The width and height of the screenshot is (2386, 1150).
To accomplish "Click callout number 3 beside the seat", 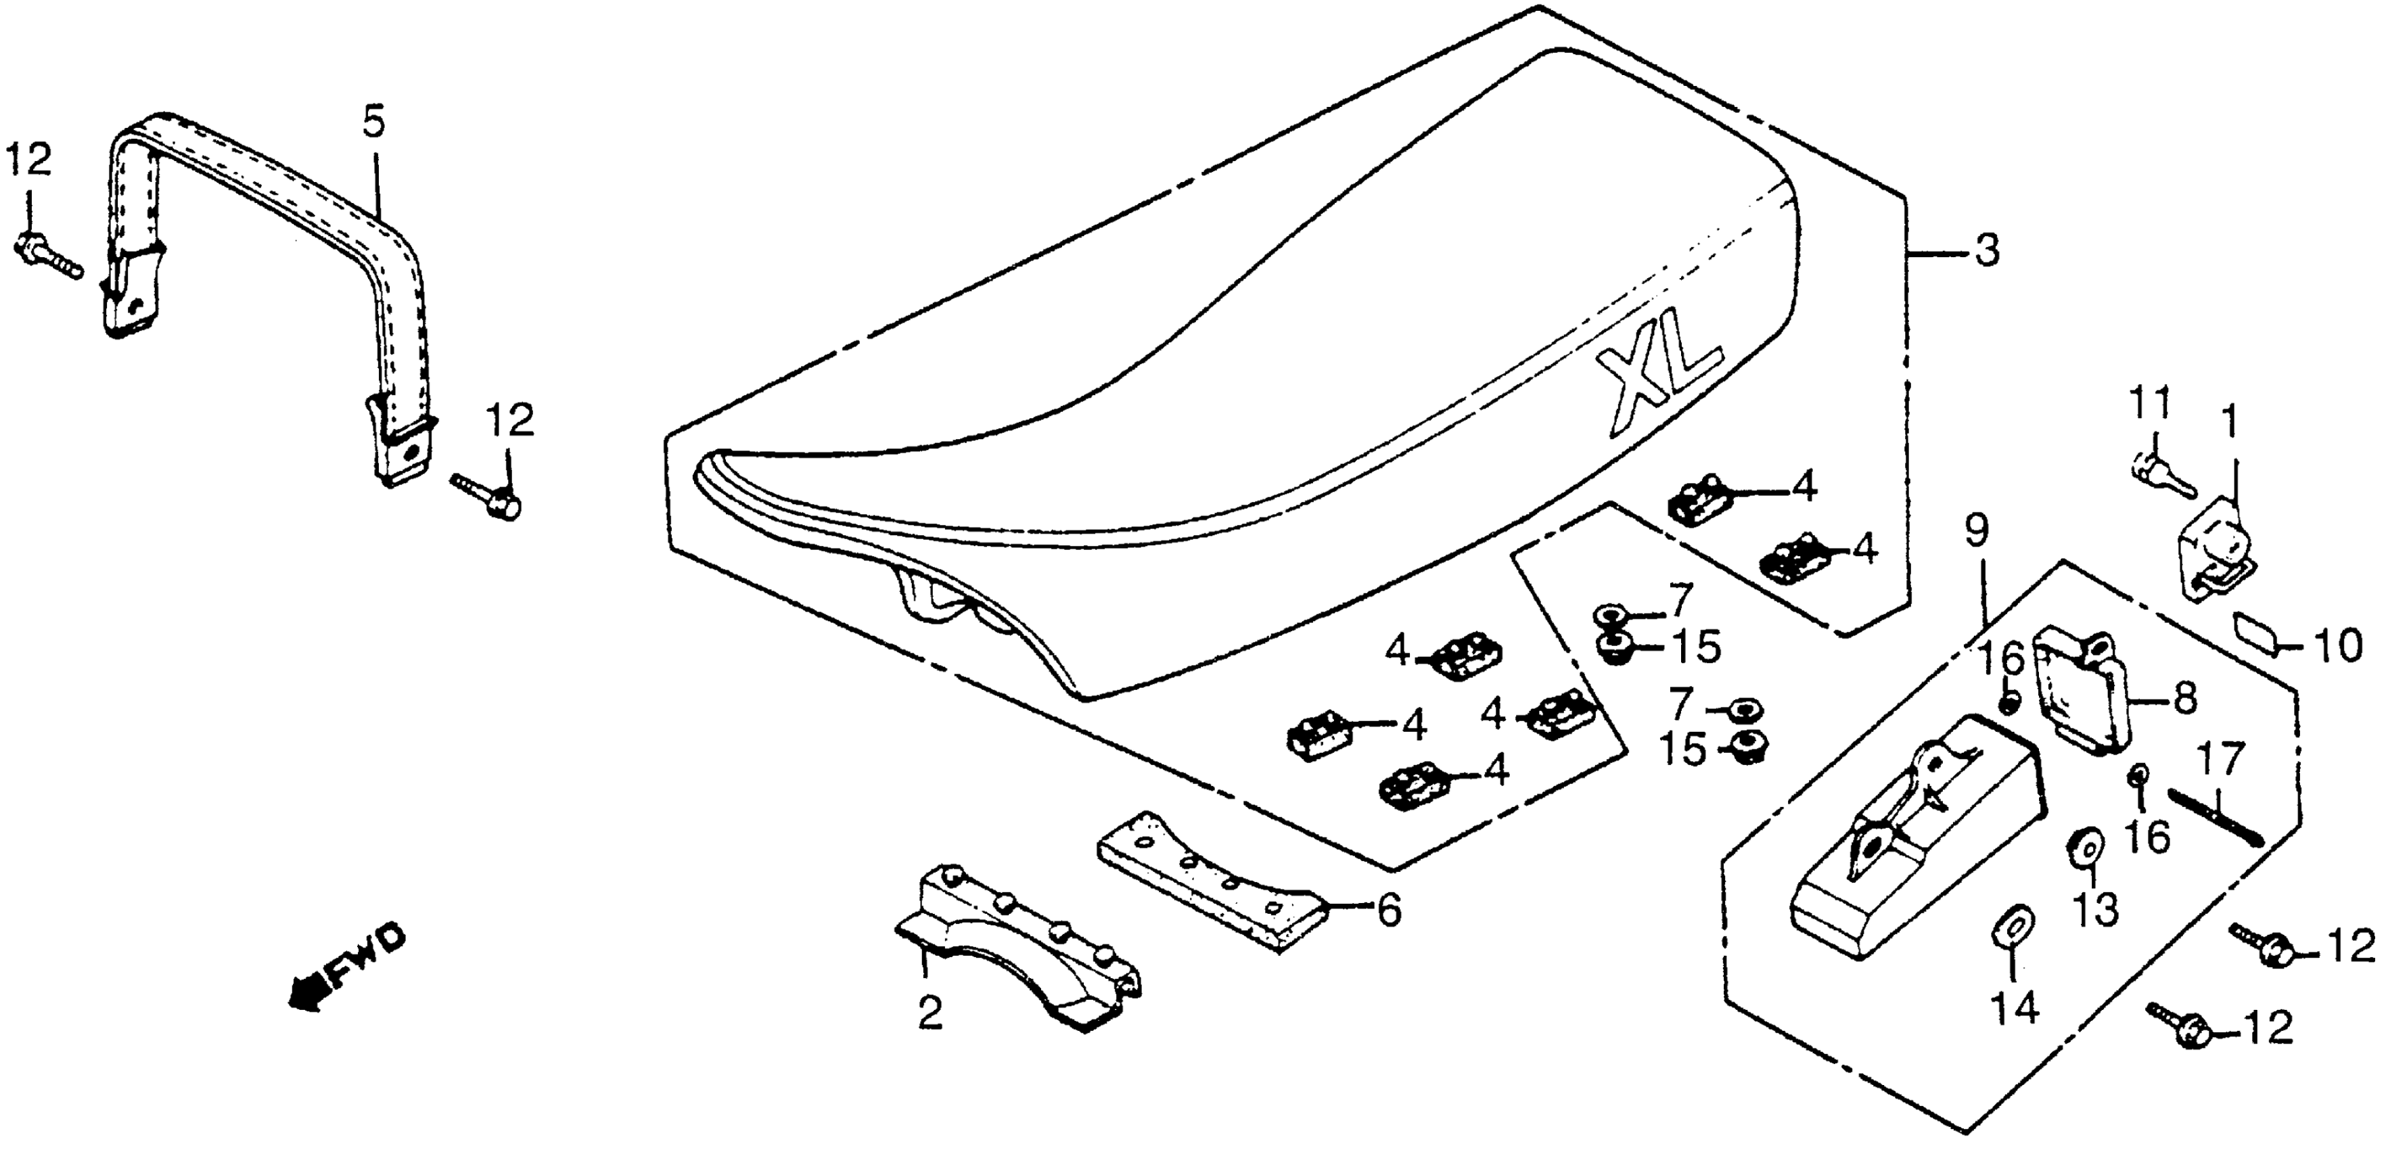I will pyautogui.click(x=1982, y=251).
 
